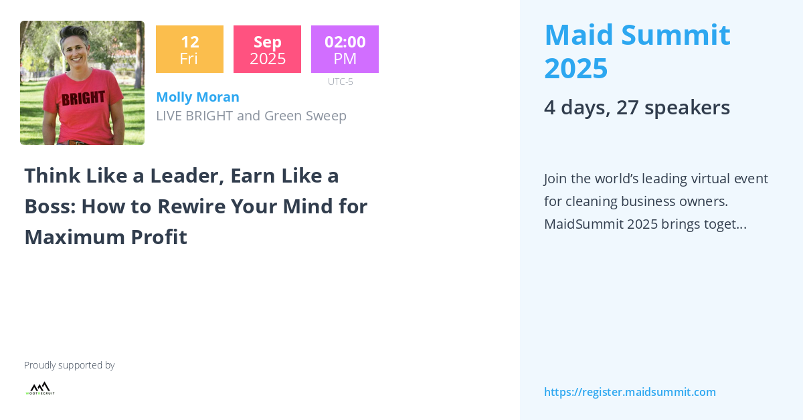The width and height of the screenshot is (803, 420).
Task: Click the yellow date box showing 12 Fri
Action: click(x=189, y=49)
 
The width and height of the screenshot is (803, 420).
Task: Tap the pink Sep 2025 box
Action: click(x=267, y=49)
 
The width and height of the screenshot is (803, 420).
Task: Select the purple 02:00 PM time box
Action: click(x=345, y=49)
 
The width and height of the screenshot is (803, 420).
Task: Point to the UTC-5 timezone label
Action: click(x=340, y=82)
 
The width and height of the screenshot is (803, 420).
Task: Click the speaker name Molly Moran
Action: click(x=197, y=97)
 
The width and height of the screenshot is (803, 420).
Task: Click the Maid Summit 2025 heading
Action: click(x=636, y=51)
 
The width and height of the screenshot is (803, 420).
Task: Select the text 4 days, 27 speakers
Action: click(x=636, y=107)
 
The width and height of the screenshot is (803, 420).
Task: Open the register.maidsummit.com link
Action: click(x=630, y=392)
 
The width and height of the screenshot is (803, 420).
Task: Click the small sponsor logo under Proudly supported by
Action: click(x=40, y=389)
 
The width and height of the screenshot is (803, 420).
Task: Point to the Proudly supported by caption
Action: click(x=69, y=365)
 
